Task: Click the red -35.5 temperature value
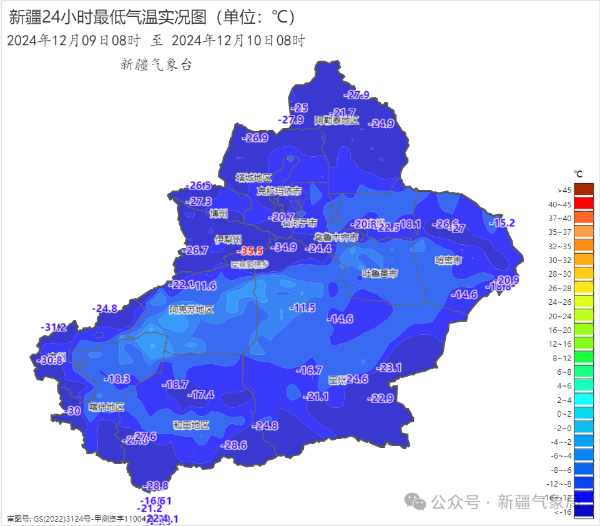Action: (251, 251)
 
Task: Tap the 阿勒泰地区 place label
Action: (337, 121)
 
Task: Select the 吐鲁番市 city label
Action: (380, 274)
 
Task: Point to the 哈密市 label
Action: (448, 260)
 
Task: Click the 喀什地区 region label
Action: (106, 407)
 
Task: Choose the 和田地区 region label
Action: (191, 425)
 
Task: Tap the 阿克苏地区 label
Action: (191, 309)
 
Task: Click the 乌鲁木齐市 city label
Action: (336, 237)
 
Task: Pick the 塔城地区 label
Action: (253, 178)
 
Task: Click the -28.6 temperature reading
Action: (234, 445)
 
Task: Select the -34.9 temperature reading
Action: (284, 247)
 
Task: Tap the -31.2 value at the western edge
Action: (54, 327)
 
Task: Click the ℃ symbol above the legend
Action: (578, 174)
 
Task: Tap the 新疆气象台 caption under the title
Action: (156, 64)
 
